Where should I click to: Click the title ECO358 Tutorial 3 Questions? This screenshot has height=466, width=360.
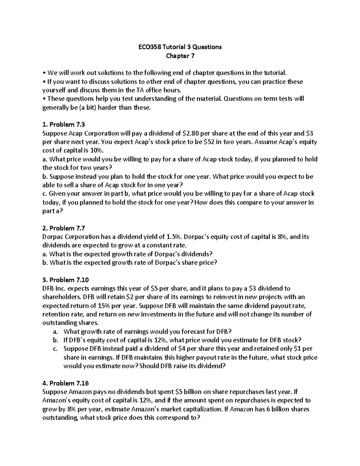click(x=180, y=47)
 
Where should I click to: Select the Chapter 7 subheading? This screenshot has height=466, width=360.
click(x=180, y=56)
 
